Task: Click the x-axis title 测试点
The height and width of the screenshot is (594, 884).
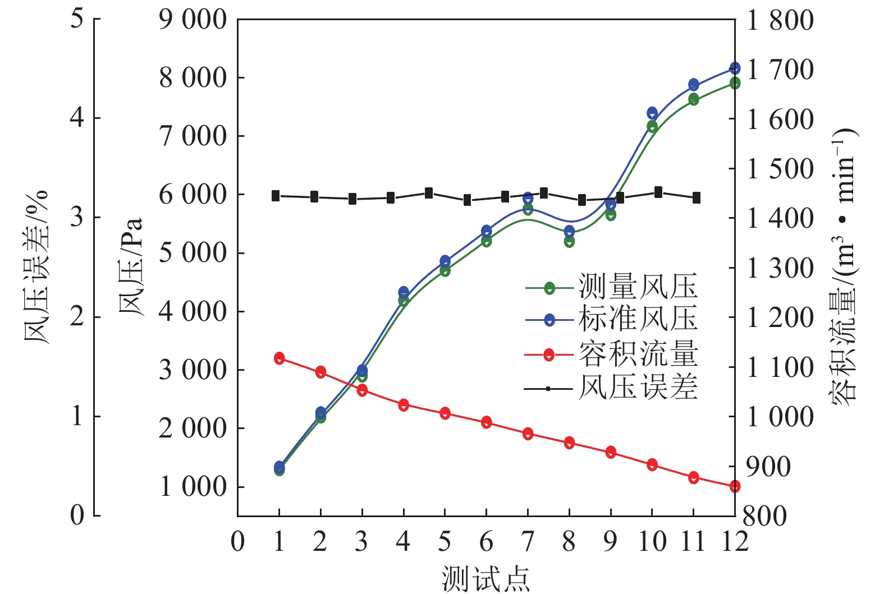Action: (x=485, y=578)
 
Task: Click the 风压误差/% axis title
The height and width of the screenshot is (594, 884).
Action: (x=36, y=267)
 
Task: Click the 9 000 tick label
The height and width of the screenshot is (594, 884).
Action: (x=193, y=20)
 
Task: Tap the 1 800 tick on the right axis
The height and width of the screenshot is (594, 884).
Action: (x=781, y=20)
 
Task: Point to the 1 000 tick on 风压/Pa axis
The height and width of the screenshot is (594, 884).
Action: (x=193, y=486)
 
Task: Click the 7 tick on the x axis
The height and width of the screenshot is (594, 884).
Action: (x=528, y=542)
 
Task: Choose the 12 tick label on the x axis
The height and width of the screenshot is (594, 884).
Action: (x=734, y=542)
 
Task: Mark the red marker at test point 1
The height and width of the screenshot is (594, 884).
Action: (x=280, y=358)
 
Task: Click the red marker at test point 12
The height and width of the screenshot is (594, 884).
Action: (x=735, y=486)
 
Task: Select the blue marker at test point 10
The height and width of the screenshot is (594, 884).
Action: (x=652, y=113)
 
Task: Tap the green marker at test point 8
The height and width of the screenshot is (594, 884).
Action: (x=569, y=242)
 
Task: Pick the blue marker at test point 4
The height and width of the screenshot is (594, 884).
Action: (x=404, y=292)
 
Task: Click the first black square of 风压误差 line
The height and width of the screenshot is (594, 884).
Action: (x=276, y=196)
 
